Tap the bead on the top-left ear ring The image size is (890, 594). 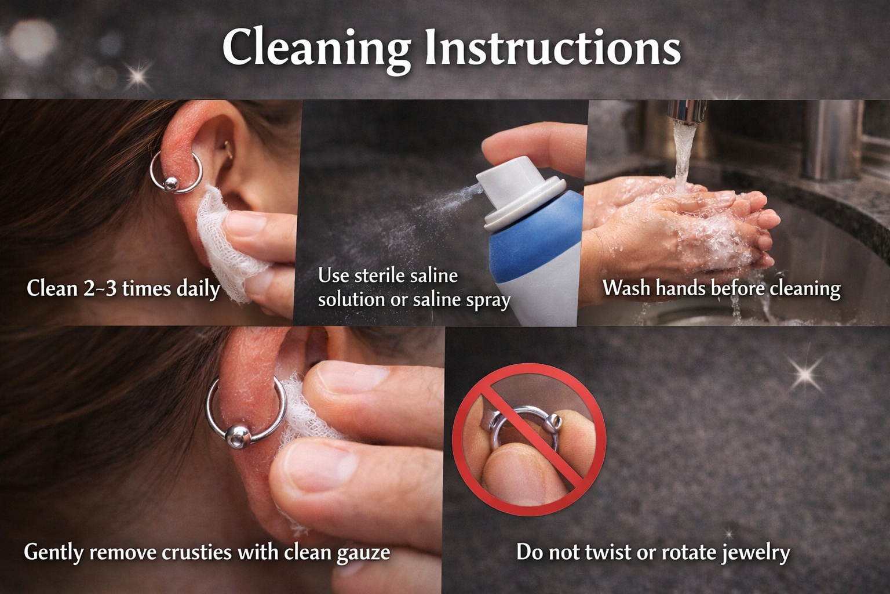pos(170,183)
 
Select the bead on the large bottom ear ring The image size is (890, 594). pos(238,436)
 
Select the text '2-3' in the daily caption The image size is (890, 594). pos(101,288)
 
